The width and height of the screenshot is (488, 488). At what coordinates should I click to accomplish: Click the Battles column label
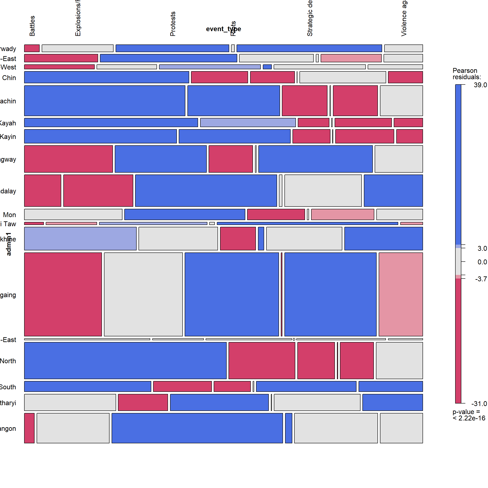tap(32, 26)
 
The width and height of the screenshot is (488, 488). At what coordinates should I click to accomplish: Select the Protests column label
tap(173, 24)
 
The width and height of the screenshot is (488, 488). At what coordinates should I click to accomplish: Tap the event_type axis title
tap(223, 29)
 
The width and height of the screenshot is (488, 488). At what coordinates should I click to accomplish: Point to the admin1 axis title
tap(9, 244)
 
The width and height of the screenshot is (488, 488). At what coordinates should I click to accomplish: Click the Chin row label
tap(9, 78)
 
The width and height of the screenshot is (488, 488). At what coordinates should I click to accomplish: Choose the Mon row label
tap(10, 215)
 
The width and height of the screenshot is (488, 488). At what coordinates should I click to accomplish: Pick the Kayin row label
tap(8, 137)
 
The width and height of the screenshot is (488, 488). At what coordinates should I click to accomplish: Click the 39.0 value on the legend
tap(480, 85)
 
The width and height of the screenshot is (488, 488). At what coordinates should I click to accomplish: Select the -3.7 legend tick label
tap(481, 279)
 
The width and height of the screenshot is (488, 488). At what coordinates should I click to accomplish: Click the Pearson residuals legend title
tap(467, 74)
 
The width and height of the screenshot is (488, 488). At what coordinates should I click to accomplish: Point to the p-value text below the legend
tap(469, 415)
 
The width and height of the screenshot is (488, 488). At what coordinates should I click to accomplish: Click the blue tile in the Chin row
tap(106, 77)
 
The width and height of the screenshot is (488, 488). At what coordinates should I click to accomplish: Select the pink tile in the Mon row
tap(342, 214)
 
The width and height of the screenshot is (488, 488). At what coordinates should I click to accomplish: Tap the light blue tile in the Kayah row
tap(248, 122)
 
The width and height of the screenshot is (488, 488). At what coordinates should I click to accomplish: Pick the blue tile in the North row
tap(125, 360)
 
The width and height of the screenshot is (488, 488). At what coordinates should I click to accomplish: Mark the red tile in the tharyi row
tap(143, 402)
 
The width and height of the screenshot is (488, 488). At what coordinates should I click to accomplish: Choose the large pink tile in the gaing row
tap(401, 294)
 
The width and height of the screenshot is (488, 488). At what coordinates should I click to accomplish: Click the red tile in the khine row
tap(238, 239)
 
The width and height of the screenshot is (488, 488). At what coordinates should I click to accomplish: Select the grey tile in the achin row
tap(401, 101)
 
